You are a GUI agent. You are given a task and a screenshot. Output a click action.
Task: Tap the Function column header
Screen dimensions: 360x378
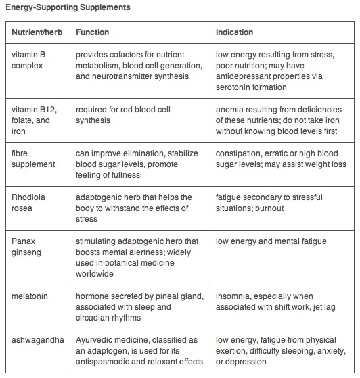[93, 32]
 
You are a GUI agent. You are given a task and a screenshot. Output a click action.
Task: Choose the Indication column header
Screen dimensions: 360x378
[235, 32]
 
